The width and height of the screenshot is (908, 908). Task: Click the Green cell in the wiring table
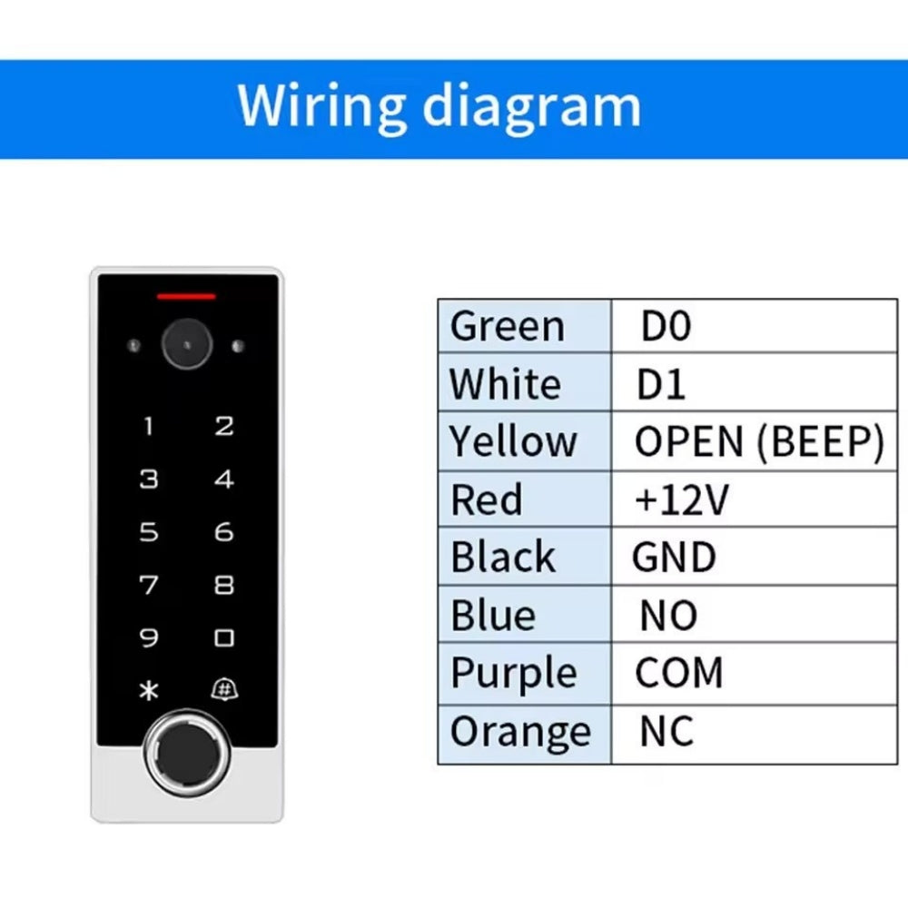(508, 326)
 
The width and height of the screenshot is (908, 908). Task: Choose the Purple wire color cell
(514, 674)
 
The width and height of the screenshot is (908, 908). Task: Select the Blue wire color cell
(494, 616)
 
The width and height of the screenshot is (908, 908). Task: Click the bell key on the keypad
(223, 690)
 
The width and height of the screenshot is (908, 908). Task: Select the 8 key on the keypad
(223, 586)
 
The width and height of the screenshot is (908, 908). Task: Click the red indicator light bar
(186, 296)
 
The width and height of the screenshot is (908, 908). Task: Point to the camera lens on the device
(186, 344)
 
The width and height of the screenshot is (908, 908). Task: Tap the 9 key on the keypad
(148, 638)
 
